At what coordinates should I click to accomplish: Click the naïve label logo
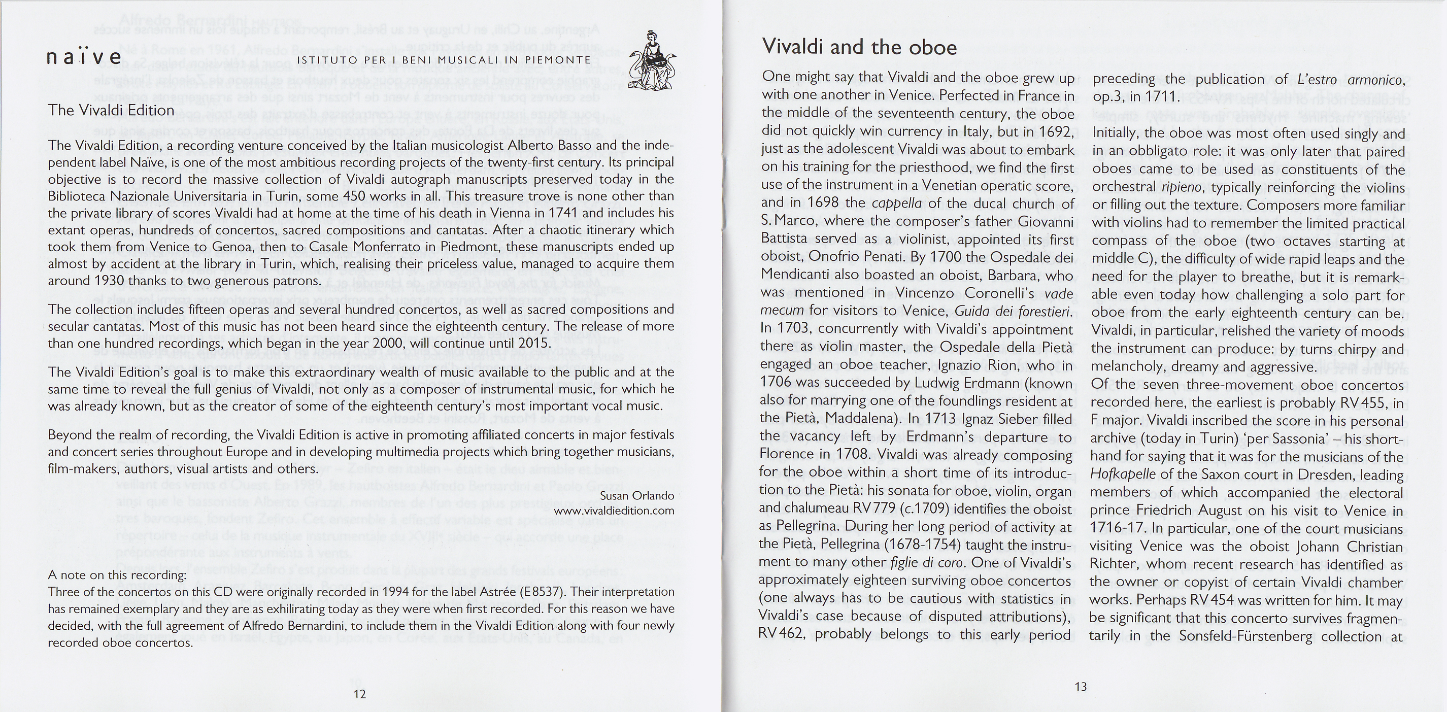tap(84, 58)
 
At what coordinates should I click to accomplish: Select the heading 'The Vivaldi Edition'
tap(111, 110)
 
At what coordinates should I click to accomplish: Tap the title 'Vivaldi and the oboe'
tap(859, 47)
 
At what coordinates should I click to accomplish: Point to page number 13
tap(1081, 686)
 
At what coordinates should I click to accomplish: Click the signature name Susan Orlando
tap(637, 496)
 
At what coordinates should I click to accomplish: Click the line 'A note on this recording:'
tap(117, 575)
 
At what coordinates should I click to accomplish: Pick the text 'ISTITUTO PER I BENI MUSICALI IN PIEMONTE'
tap(444, 60)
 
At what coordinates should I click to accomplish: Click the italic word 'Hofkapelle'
tap(1123, 474)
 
